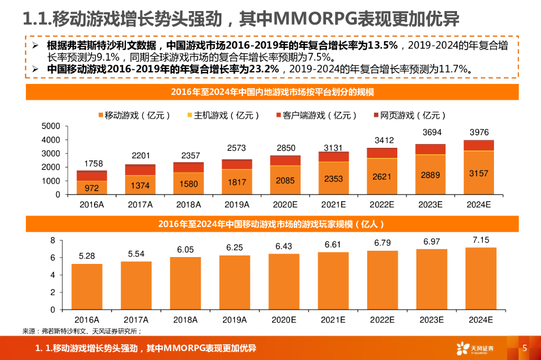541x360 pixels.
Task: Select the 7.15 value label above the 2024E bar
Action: click(x=480, y=240)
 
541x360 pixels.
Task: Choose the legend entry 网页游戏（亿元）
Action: click(x=410, y=115)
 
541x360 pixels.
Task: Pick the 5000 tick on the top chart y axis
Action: click(x=51, y=126)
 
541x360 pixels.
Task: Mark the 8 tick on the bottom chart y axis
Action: click(x=52, y=241)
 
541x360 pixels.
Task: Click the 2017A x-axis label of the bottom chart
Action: click(x=136, y=320)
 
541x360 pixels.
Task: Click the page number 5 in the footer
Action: click(x=525, y=348)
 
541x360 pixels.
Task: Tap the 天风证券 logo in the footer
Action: click(x=475, y=348)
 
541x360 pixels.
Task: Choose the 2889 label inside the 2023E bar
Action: click(x=430, y=175)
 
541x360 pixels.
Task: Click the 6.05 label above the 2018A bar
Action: click(x=185, y=250)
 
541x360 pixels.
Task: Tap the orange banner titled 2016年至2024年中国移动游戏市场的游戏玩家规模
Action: click(x=271, y=224)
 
